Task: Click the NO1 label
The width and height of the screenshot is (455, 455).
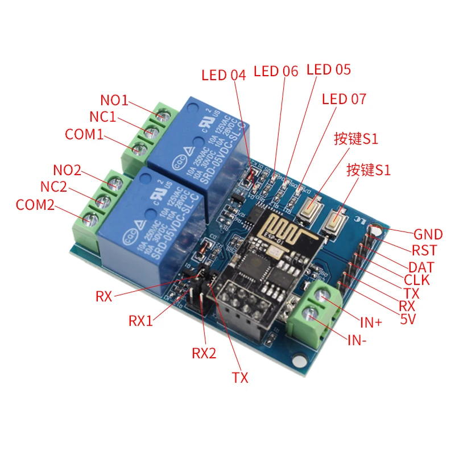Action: point(114,101)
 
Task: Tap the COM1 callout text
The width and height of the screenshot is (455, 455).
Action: point(84,135)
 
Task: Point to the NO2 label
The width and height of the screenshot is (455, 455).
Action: point(67,170)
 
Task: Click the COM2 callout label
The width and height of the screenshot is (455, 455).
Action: point(35,205)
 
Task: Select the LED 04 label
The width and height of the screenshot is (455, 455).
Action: point(224,75)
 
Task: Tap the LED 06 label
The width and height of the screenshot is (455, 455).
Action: point(276,71)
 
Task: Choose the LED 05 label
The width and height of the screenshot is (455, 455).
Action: point(329,69)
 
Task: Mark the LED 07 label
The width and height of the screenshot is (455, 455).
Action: point(344,99)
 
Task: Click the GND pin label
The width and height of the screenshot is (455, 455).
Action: point(428,234)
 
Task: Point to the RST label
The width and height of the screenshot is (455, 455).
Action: point(424,251)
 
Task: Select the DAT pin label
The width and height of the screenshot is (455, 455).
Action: point(421,267)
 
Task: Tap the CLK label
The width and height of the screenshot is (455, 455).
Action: point(417,280)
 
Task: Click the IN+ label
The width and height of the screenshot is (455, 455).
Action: point(371,322)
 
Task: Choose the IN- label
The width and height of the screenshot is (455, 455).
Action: point(357,341)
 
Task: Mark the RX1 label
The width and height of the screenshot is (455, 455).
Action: point(141,321)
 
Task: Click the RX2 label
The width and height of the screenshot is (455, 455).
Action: point(204,353)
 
